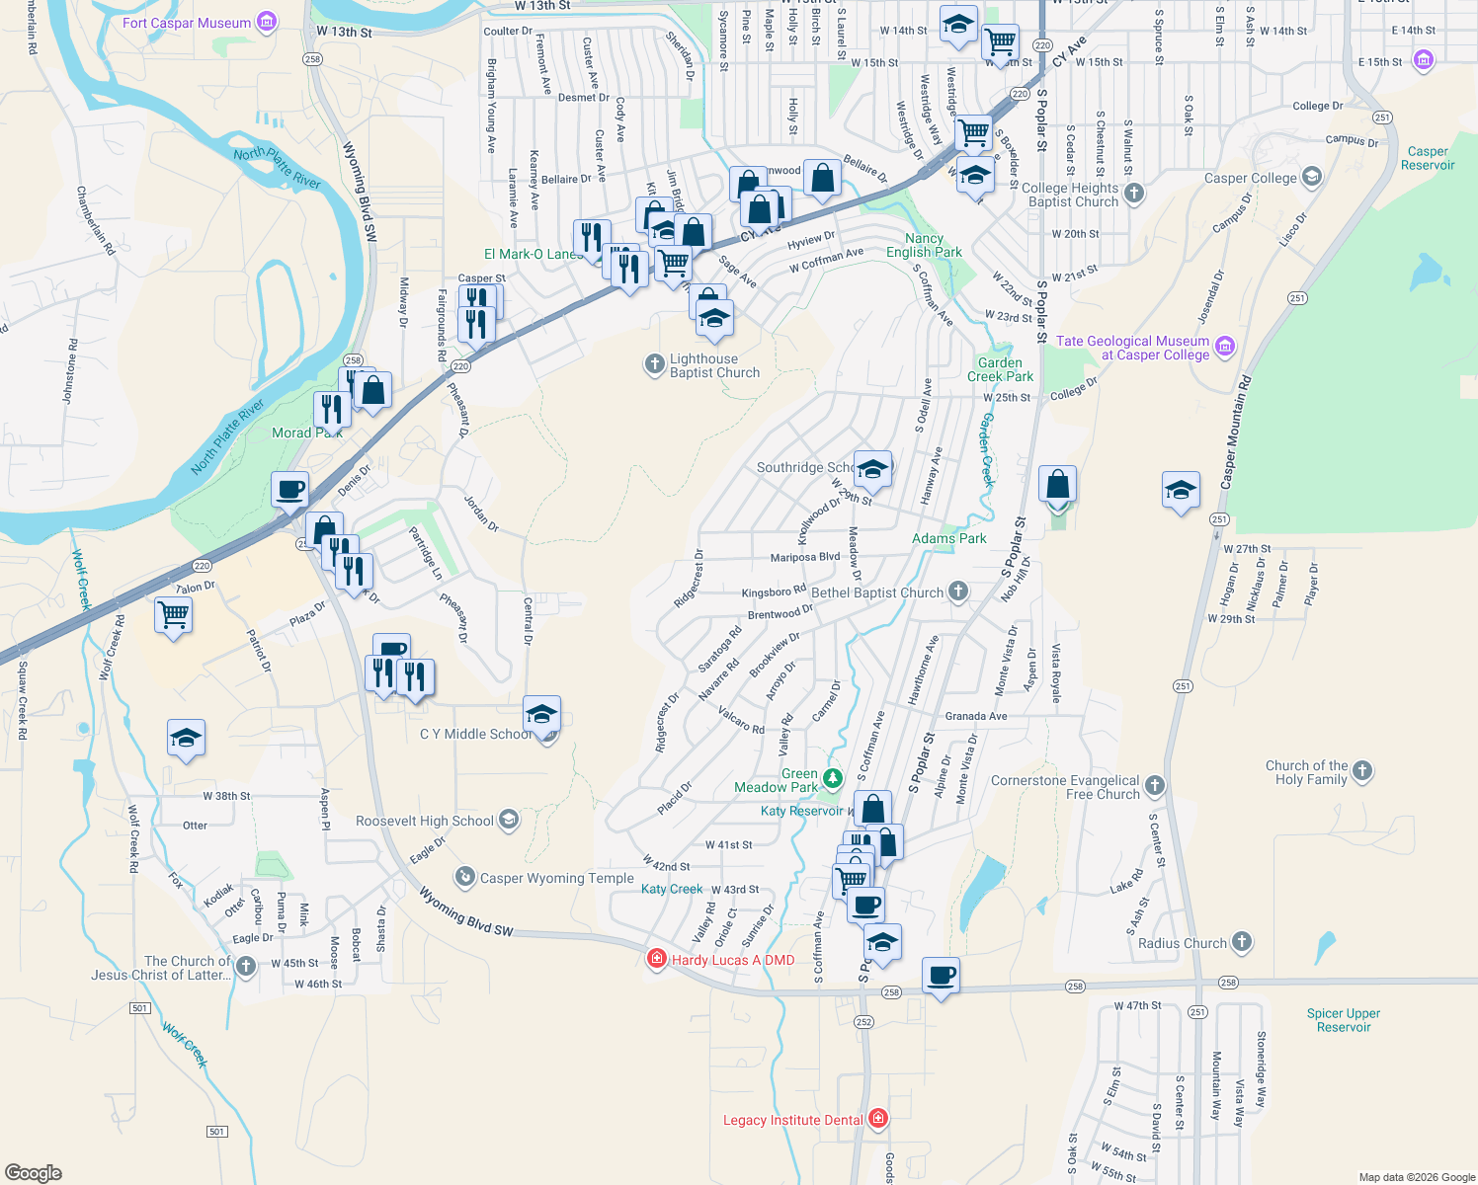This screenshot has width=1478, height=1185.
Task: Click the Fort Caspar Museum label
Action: click(187, 23)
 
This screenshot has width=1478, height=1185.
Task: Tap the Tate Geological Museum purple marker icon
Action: click(1225, 347)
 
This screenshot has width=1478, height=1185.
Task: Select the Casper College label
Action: click(1250, 179)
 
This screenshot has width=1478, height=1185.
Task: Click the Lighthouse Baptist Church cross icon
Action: click(654, 365)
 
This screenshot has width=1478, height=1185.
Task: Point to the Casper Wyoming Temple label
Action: click(556, 878)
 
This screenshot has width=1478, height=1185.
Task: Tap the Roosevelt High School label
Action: click(425, 822)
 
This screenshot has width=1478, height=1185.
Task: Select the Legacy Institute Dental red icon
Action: click(877, 1119)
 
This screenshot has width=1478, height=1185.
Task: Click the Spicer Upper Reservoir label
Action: click(1344, 1020)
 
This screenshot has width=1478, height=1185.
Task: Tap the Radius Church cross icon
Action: click(1242, 942)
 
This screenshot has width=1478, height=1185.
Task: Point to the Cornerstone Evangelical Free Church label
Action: click(1065, 787)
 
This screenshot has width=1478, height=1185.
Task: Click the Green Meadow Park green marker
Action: click(833, 780)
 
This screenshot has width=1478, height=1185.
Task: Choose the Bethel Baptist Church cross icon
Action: click(957, 592)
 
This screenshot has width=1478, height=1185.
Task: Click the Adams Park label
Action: click(948, 538)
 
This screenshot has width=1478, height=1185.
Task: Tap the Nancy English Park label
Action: click(924, 245)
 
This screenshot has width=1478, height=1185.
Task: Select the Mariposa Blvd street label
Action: click(804, 557)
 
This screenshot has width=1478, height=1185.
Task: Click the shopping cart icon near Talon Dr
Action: click(174, 615)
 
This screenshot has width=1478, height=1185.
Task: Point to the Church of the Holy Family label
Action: click(1311, 772)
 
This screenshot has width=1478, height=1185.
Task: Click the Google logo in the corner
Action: click(34, 1172)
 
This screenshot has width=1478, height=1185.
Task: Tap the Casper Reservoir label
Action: click(1428, 158)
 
